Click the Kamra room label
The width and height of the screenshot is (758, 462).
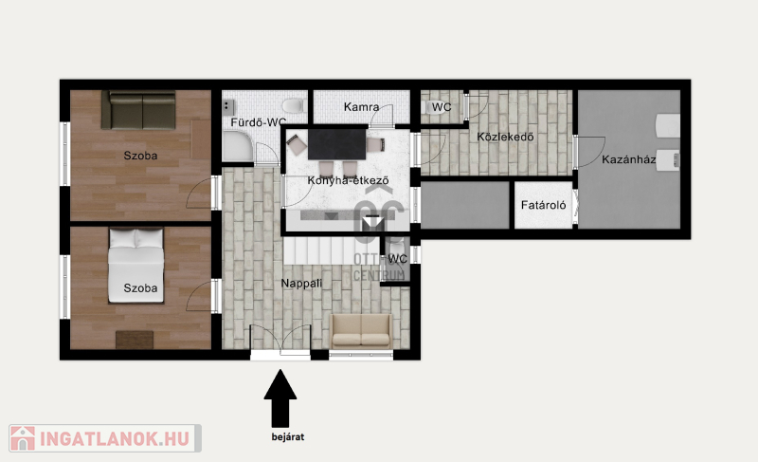pos(361,106)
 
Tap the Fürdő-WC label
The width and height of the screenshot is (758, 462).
pos(258,122)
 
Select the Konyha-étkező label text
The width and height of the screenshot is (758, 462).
pos(348,180)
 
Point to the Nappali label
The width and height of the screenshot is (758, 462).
pos(301,283)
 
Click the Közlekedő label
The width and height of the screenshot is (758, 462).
pos(505,137)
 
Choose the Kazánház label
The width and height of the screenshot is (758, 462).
pos(628,159)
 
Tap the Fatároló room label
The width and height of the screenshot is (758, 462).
pos(543,205)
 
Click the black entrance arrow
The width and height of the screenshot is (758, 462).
pos(280,398)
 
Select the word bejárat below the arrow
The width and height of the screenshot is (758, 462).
pos(288,436)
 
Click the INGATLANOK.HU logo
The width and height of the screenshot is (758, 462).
pos(105,438)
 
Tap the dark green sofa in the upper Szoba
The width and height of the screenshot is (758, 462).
pos(138,110)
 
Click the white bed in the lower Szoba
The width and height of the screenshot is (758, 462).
pos(135,266)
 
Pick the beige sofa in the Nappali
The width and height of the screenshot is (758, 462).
pos(361,331)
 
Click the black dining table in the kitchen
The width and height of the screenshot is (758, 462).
pos(337,143)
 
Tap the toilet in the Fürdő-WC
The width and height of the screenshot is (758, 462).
pos(293,105)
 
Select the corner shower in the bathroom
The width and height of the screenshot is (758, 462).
pos(238,147)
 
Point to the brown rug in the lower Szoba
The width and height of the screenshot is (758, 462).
pos(135,340)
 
